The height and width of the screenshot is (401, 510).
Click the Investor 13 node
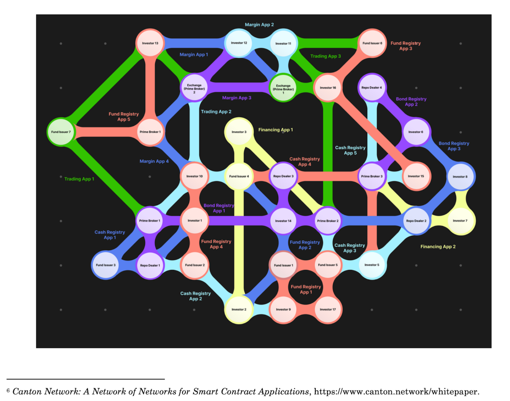[150, 43]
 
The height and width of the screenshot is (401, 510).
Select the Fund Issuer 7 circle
[61, 132]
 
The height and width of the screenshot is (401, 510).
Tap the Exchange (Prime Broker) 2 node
[194, 88]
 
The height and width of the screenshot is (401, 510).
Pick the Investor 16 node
[328, 88]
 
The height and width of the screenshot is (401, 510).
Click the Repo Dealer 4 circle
[372, 88]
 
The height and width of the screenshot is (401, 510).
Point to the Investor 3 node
[239, 132]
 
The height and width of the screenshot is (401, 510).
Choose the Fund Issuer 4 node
[239, 176]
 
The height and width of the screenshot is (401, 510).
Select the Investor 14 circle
[283, 221]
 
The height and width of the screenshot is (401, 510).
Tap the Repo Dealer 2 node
[416, 221]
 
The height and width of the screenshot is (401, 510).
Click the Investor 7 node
[460, 221]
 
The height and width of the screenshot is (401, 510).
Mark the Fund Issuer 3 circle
[105, 265]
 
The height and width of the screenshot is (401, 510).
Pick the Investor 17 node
[328, 309]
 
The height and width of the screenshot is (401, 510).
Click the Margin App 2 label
[259, 25]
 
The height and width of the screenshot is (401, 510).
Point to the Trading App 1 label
[79, 179]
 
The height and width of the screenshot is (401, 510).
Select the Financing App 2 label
[438, 247]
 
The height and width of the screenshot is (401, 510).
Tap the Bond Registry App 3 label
[454, 146]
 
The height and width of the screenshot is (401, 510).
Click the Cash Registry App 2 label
[195, 296]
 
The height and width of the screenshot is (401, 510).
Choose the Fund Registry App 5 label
[124, 117]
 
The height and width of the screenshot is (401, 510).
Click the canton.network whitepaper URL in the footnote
[396, 392]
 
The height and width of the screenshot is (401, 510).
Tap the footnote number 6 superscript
[8, 390]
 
